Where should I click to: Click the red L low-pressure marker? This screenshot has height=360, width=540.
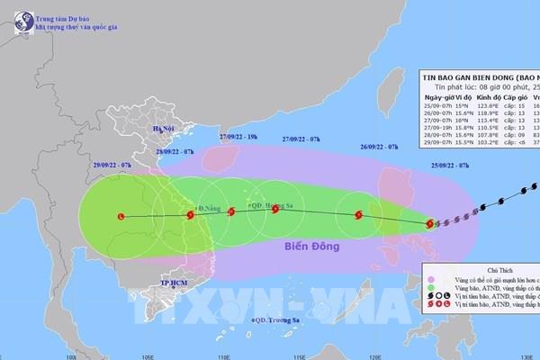pyautogui.click(x=121, y=216)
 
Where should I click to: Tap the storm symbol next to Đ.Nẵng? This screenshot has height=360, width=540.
pyautogui.click(x=190, y=215)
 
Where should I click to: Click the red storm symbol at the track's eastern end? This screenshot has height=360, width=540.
pyautogui.click(x=430, y=223)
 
